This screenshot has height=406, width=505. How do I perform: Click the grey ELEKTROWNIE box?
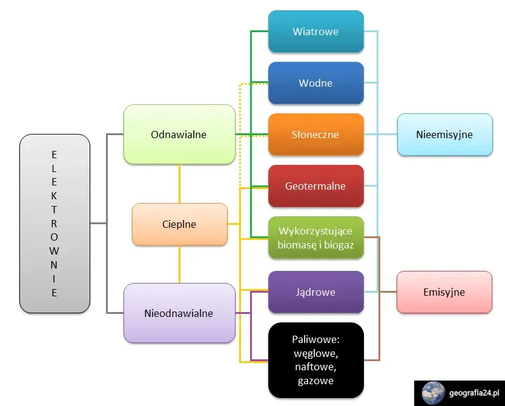tap(54, 224)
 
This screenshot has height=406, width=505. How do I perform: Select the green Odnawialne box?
tap(179, 135)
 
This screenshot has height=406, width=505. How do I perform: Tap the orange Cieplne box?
tap(180, 224)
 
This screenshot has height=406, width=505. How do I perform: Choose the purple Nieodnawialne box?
tap(179, 313)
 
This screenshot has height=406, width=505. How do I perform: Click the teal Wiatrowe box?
tap(315, 32)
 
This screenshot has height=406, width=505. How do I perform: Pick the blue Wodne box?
tap(315, 83)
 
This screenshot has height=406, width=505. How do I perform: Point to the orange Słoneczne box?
tap(315, 135)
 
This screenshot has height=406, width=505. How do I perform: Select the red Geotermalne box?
tap(315, 186)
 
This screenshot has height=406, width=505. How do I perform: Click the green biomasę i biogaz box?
tap(315, 238)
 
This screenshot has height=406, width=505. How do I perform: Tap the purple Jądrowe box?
tap(315, 292)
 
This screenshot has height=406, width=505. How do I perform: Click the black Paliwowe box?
tap(315, 360)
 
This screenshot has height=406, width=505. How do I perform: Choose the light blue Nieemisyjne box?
tap(444, 135)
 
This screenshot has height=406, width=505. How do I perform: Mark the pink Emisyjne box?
tap(444, 292)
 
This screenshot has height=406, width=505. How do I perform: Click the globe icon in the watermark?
tap(433, 393)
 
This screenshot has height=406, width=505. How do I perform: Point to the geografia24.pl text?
tap(476, 393)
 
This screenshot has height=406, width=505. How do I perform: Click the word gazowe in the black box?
tap(315, 381)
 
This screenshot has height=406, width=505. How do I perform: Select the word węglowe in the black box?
tap(315, 353)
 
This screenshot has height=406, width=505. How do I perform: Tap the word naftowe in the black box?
tap(315, 367)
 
